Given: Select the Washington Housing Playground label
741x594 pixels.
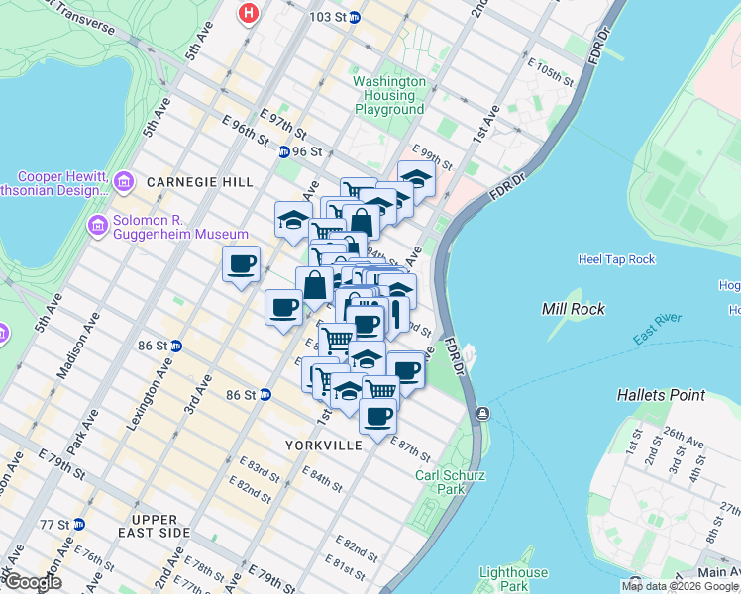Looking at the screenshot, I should (389, 95).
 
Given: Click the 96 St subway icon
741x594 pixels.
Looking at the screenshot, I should (283, 151).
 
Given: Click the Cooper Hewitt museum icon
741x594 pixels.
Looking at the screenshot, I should (123, 181).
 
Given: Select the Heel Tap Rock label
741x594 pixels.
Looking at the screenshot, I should (616, 259).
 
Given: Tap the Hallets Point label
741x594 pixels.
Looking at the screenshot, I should (661, 394).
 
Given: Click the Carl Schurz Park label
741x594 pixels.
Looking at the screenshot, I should (453, 481).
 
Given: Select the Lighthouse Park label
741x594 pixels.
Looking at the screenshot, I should (513, 579).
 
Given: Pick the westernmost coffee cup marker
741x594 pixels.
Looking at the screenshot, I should (241, 264).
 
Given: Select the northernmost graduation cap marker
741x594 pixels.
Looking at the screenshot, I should (416, 179).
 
